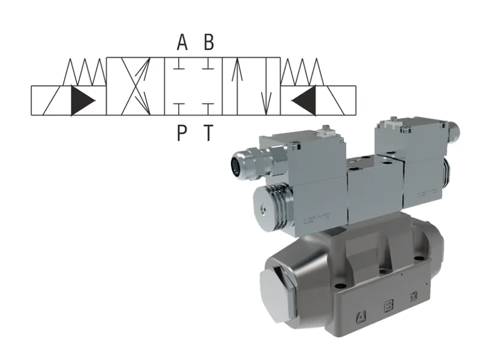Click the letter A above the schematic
point(182,43)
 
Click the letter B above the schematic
point(208,43)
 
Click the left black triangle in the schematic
point(82,100)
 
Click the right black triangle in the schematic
point(304,100)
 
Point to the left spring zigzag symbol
point(85,71)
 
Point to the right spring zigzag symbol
point(302,71)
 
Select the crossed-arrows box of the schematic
point(135,86)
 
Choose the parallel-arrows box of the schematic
point(251,86)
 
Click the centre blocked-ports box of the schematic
point(193,86)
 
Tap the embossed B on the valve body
point(388,307)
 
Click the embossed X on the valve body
point(413,298)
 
